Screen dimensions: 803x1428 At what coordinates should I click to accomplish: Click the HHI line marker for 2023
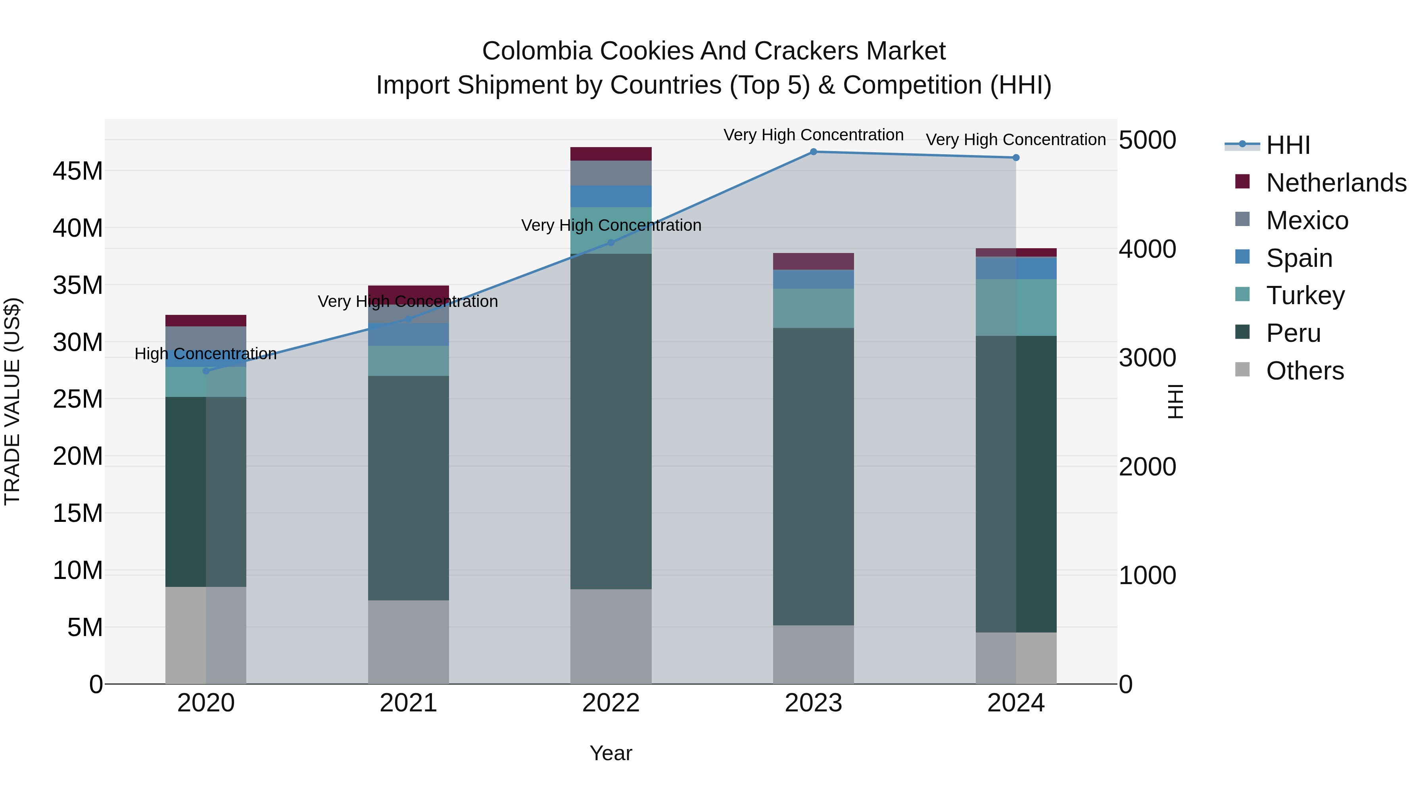click(x=813, y=151)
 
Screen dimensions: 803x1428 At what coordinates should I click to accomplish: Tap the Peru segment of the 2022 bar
click(x=611, y=421)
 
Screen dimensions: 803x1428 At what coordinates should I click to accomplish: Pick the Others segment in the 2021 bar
click(x=409, y=642)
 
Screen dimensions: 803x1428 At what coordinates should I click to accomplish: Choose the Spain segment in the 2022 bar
click(x=611, y=196)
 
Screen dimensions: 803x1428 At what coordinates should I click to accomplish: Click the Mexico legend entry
click(x=1307, y=220)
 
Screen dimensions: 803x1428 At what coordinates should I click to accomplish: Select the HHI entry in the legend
click(x=1288, y=145)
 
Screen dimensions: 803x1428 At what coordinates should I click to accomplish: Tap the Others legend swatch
click(x=1242, y=369)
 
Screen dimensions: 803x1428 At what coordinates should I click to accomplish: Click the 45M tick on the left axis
click(x=78, y=171)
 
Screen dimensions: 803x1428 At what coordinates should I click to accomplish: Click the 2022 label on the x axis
click(x=611, y=703)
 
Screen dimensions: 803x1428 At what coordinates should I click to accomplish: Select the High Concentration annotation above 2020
click(x=205, y=354)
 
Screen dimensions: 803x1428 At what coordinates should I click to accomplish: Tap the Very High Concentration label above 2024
click(x=1015, y=140)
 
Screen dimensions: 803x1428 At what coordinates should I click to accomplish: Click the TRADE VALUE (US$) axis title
click(x=12, y=401)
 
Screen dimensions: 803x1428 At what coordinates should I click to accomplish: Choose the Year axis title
click(x=611, y=753)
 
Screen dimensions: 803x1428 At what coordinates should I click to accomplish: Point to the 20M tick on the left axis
click(x=78, y=457)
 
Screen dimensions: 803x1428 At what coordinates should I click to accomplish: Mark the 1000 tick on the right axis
click(x=1147, y=576)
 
